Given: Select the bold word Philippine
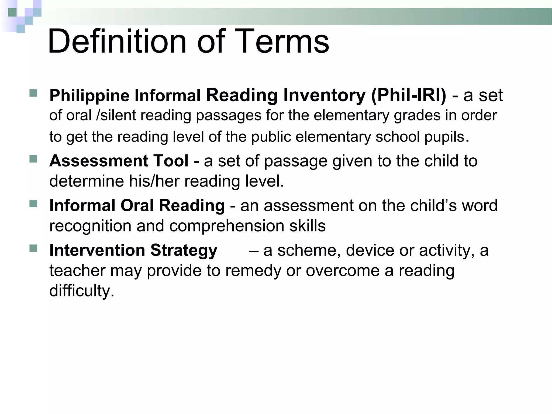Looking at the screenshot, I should point(89,96).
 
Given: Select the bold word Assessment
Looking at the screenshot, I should point(98,161).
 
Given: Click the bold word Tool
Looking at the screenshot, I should point(171,161).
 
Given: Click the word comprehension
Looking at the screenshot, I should point(226,226).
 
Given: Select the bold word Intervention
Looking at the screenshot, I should point(97,250).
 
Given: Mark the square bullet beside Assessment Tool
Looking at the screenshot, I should point(33,158).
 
